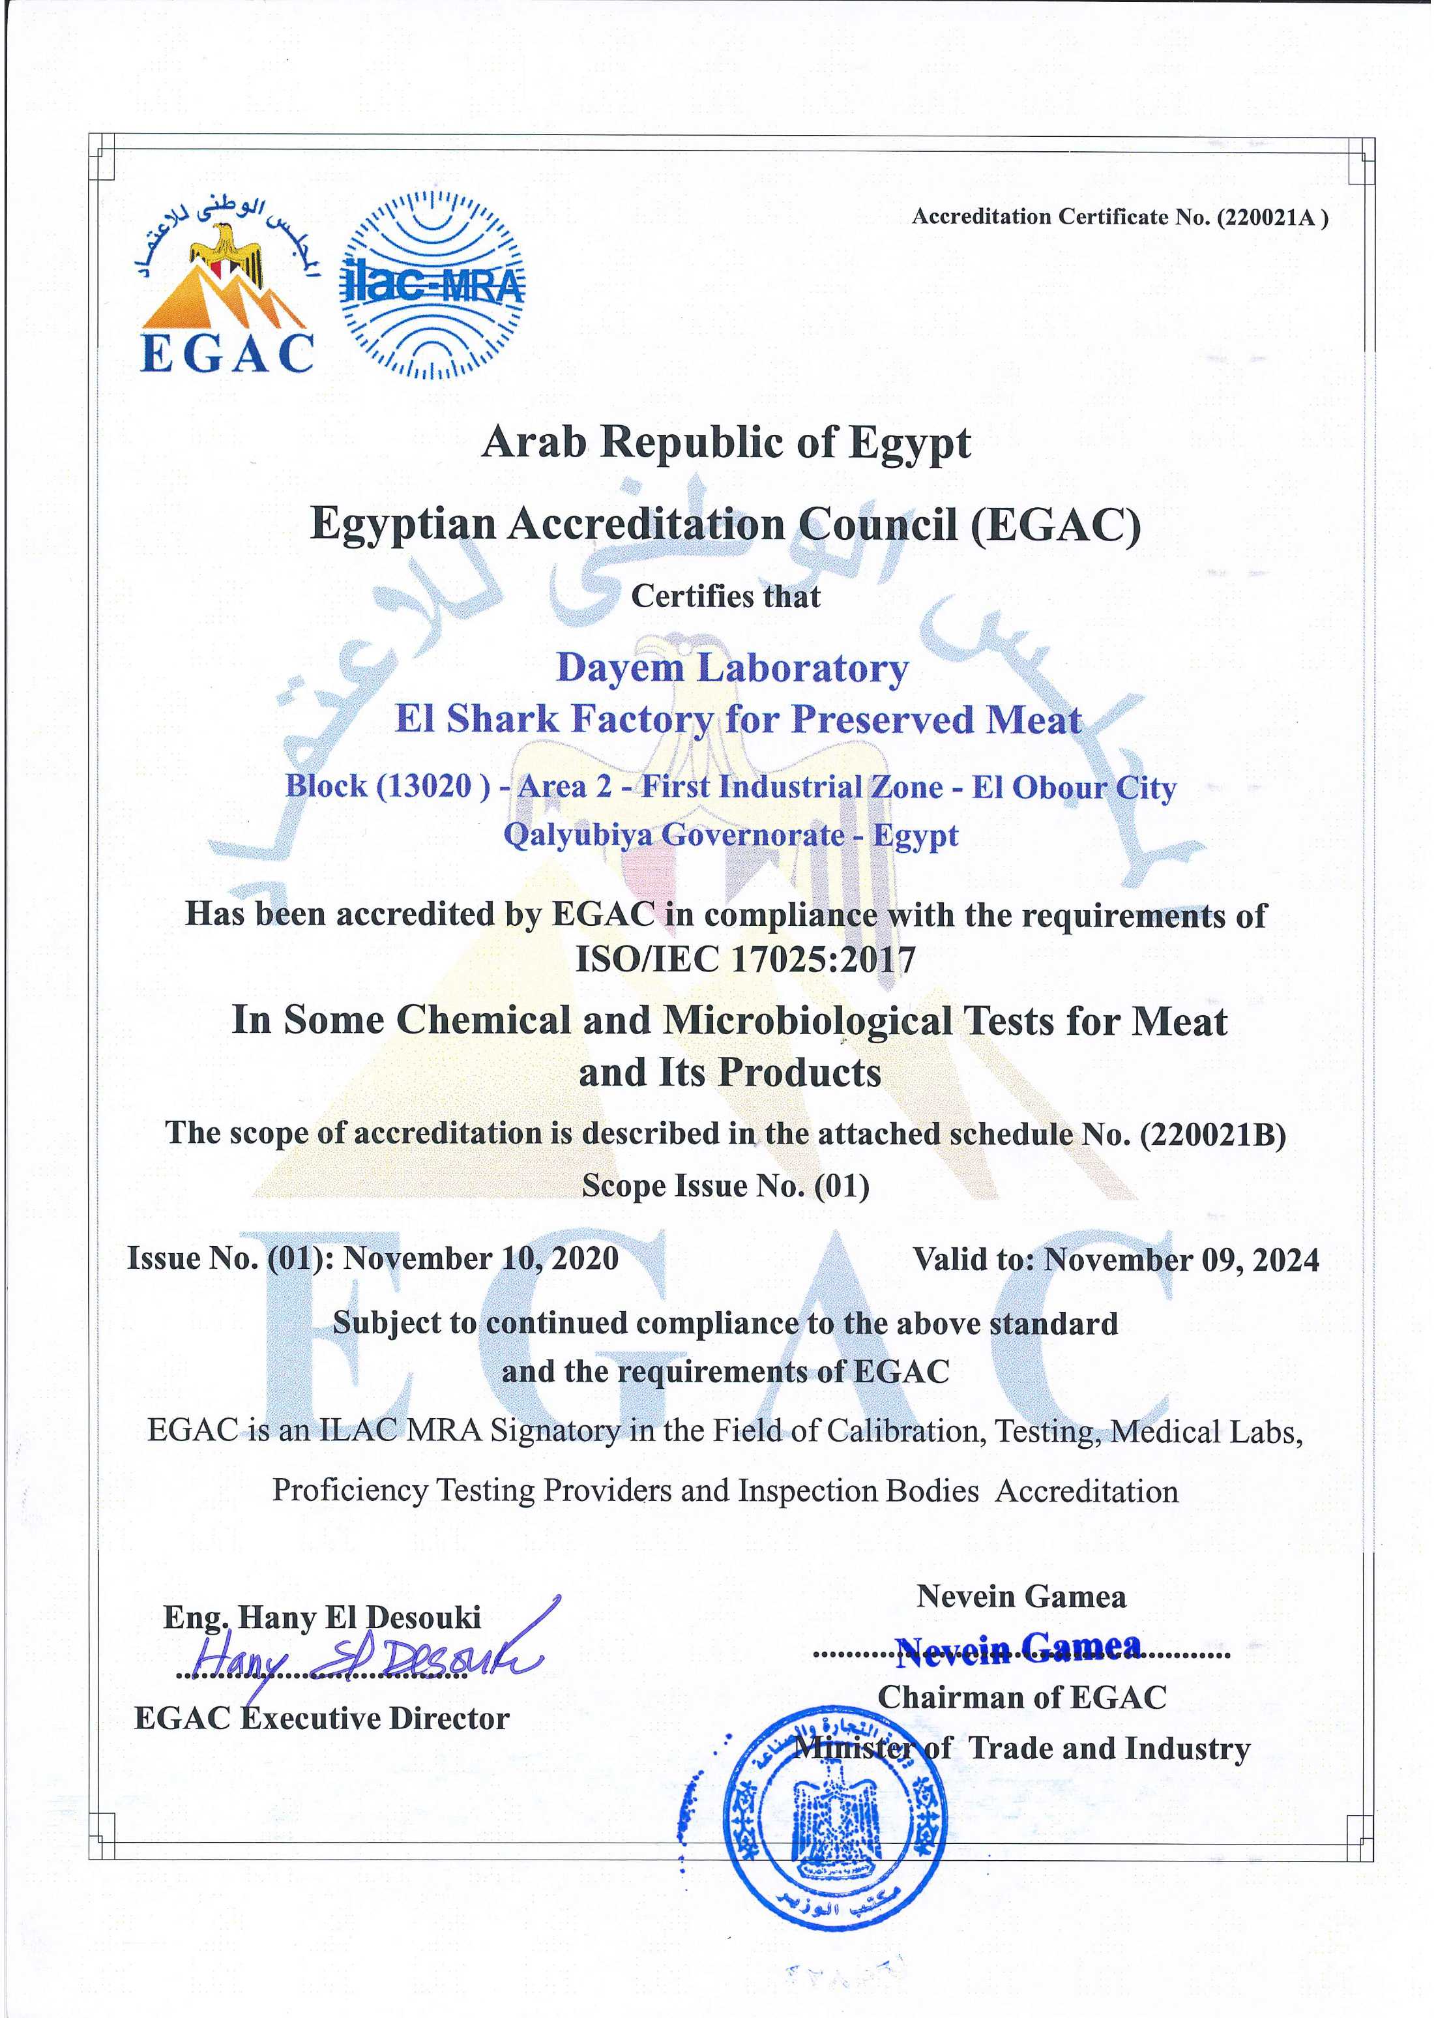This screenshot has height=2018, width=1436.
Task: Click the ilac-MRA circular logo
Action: click(x=432, y=285)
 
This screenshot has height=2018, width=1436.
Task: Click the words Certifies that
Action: click(x=725, y=596)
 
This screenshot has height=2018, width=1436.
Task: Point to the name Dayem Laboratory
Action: click(x=731, y=668)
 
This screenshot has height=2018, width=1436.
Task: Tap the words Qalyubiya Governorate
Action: click(x=674, y=835)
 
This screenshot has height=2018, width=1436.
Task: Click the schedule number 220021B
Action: click(x=1211, y=1134)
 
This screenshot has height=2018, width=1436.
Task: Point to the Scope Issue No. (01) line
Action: click(x=725, y=1186)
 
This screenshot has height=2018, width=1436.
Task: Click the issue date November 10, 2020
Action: click(x=480, y=1258)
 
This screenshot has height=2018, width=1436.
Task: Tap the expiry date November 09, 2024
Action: click(x=1181, y=1260)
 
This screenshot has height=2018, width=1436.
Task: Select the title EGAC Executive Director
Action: click(x=322, y=1718)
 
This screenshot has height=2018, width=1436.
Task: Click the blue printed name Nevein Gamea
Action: click(x=1018, y=1646)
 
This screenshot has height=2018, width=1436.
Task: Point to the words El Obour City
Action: click(x=1074, y=787)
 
